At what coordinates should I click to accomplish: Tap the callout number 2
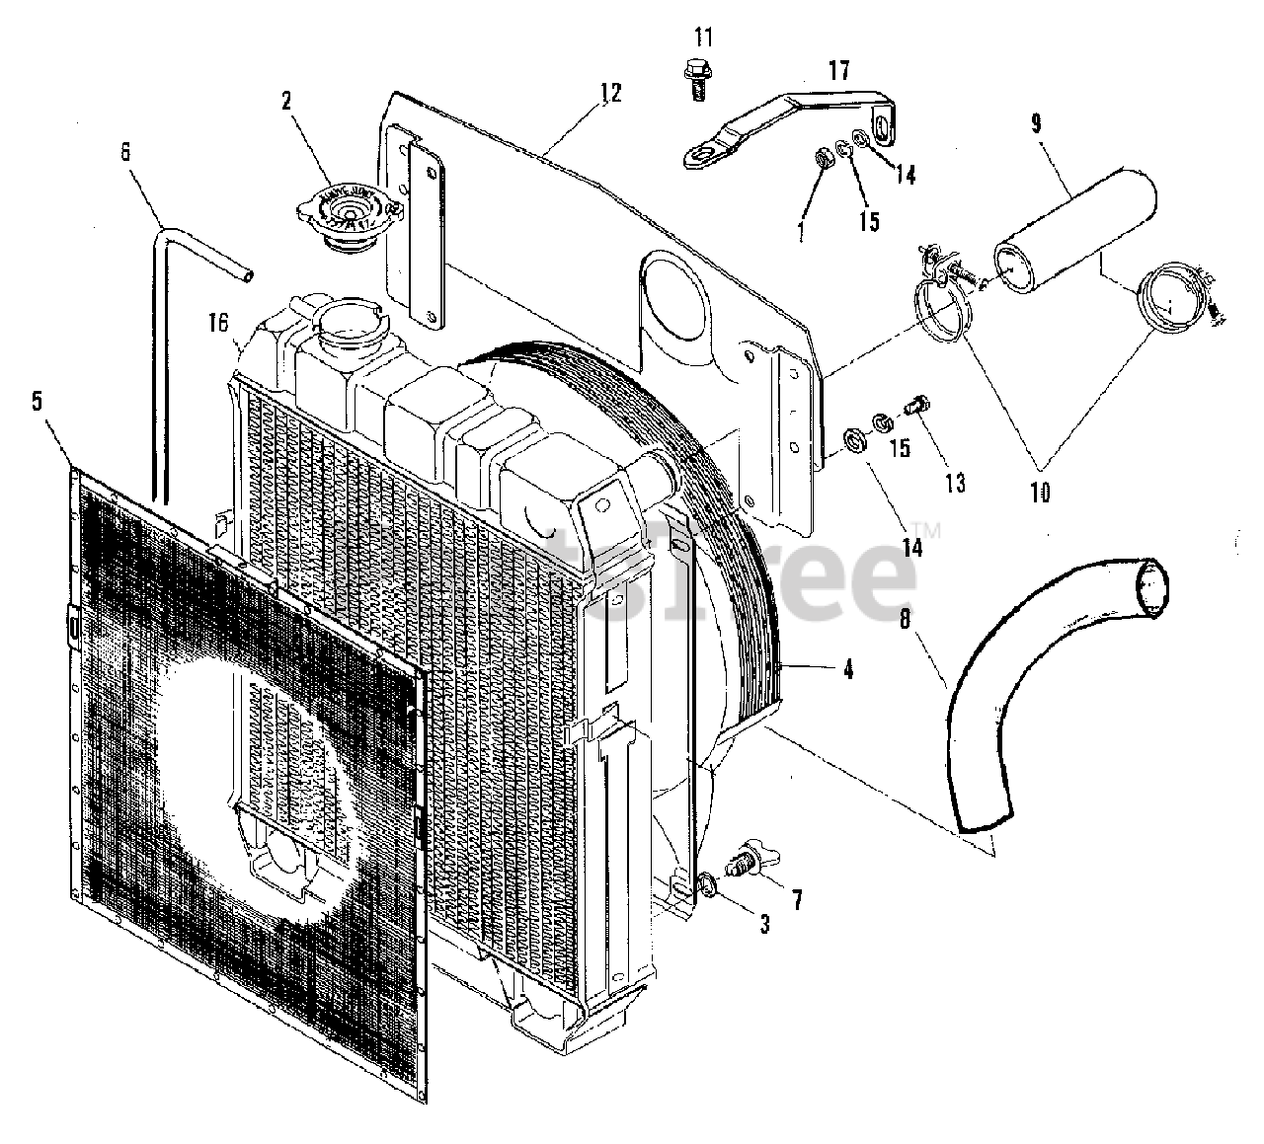coord(285,100)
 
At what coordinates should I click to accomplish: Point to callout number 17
coord(838,71)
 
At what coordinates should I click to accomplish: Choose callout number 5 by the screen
coord(37,401)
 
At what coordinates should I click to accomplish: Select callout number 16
coord(218,322)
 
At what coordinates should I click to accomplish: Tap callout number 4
coord(847,669)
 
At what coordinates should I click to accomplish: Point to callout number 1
coord(799,233)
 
